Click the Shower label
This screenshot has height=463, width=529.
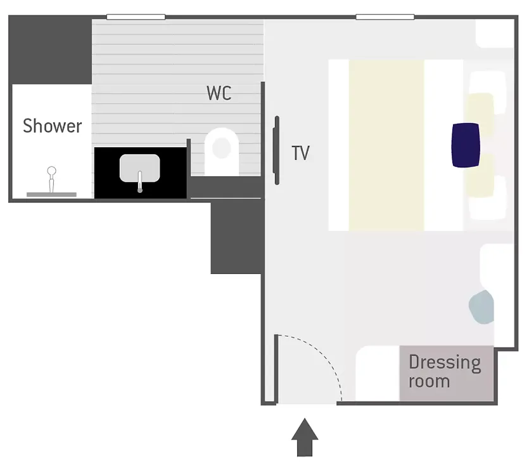53,126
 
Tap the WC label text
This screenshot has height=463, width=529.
219,93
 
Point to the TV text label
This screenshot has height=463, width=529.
300,153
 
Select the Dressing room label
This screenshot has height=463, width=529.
445,372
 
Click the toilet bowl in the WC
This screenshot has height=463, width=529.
222,152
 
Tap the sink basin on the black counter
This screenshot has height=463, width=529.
139,168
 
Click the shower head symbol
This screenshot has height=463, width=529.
51,179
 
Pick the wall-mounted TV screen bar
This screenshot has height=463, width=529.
276,150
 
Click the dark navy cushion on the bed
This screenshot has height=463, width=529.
466,145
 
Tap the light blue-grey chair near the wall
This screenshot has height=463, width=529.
481,307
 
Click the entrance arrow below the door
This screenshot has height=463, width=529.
305,438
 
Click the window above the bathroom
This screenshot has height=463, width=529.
136,17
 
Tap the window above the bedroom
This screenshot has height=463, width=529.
385,17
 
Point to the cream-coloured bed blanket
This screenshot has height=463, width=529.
386,145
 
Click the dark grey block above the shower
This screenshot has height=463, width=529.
50,50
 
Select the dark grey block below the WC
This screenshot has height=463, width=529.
237,237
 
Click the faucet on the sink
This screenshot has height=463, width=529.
140,181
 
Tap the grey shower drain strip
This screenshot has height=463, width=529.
51,195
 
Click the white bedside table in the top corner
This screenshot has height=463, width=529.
495,34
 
